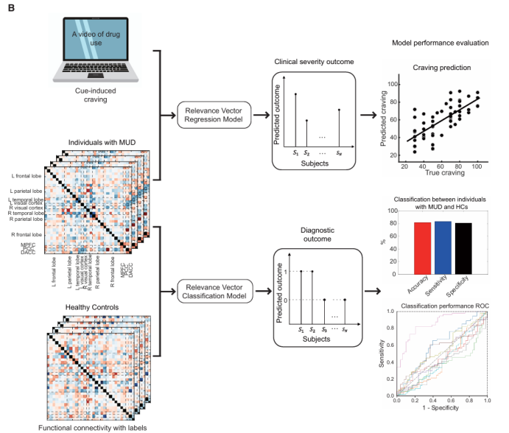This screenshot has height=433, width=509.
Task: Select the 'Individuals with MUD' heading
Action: pyautogui.click(x=91, y=141)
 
